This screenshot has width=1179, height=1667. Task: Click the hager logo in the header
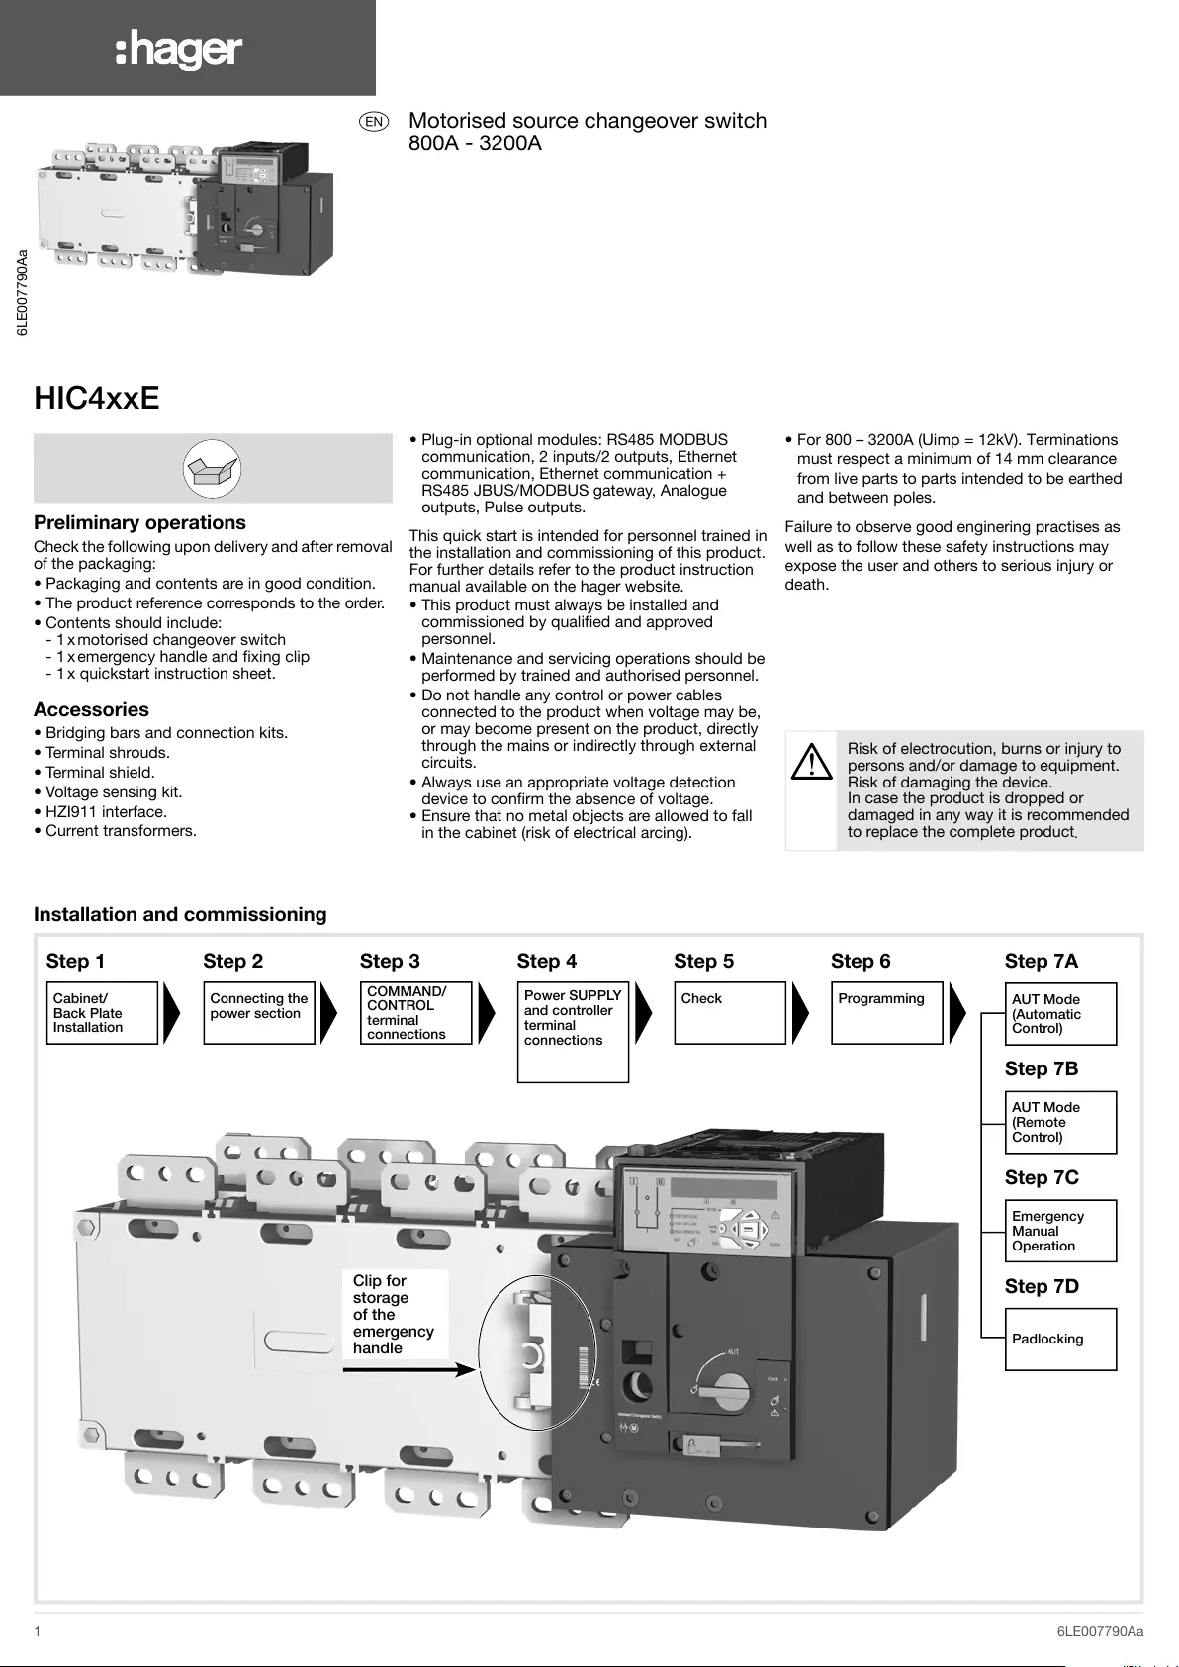click(179, 48)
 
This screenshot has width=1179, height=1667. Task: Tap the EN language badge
click(374, 121)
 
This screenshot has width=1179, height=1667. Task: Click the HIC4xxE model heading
click(97, 398)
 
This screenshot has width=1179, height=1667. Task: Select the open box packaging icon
click(213, 468)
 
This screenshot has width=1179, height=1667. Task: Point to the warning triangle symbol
click(812, 763)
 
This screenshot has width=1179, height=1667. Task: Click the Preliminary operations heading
click(139, 522)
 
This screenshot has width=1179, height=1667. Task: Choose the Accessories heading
click(91, 709)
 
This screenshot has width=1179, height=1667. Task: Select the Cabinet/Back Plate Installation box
click(102, 1013)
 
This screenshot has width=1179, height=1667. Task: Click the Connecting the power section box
click(258, 1013)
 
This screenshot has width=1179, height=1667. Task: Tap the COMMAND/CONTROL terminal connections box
click(415, 1013)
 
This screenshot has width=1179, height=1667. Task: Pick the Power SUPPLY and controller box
click(573, 1032)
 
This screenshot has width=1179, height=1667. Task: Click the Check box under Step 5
click(729, 1013)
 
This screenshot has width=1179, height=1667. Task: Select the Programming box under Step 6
click(886, 1013)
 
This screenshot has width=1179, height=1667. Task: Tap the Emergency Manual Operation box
click(1060, 1231)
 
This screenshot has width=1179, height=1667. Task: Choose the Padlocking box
click(1060, 1340)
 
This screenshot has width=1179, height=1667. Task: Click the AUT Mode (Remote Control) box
click(1060, 1122)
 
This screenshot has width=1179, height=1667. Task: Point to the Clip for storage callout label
click(394, 1314)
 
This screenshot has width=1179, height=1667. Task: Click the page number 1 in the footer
click(38, 1631)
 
